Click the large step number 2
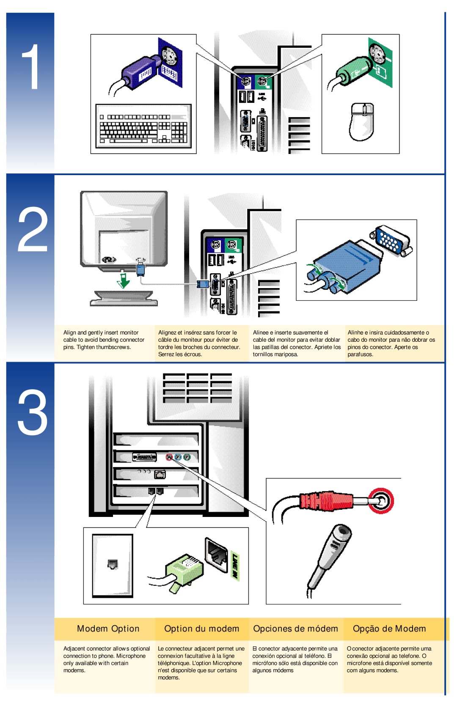click(x=33, y=229)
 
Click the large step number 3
click(x=33, y=412)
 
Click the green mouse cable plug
click(x=355, y=71)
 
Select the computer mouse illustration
click(x=362, y=121)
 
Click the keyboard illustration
click(x=143, y=126)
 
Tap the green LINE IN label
click(x=235, y=566)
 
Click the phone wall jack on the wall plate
click(x=113, y=564)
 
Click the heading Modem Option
click(x=108, y=629)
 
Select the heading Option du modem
click(x=201, y=629)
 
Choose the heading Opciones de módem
click(x=295, y=629)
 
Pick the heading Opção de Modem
click(x=389, y=629)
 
